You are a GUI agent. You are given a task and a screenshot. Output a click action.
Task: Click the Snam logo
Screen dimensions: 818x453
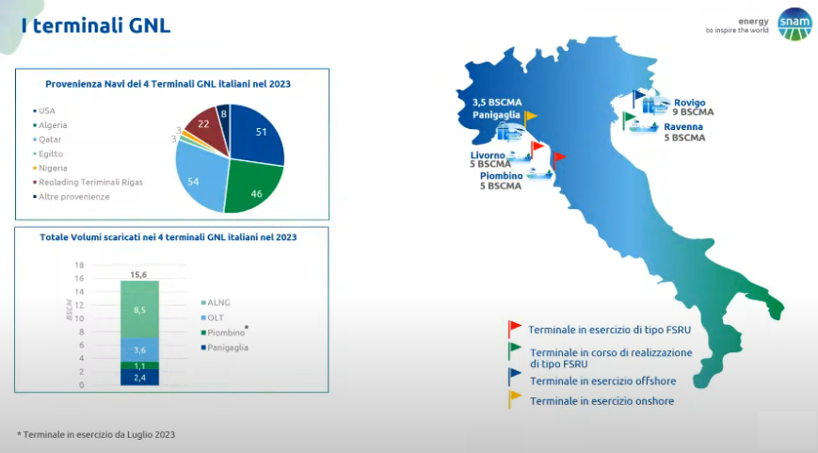click(794, 24)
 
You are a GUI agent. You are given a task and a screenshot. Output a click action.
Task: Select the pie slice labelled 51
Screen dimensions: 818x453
click(257, 134)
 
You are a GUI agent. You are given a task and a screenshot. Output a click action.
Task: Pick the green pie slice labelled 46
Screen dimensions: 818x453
click(253, 186)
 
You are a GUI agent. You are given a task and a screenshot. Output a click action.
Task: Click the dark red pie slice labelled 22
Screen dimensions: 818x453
click(206, 127)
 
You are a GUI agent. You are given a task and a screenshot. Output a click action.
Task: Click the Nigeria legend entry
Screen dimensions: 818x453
click(50, 168)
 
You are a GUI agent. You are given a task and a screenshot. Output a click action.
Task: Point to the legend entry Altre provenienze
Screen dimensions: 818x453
click(71, 197)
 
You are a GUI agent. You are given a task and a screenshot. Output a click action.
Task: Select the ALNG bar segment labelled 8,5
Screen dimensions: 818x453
click(140, 310)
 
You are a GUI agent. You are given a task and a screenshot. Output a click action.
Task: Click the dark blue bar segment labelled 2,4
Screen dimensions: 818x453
click(140, 378)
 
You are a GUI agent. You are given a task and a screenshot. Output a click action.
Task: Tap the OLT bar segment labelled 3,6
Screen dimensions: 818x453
click(140, 350)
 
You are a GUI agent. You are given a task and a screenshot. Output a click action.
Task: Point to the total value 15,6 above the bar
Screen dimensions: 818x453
click(138, 275)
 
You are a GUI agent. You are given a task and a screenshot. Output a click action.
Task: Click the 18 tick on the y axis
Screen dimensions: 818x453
click(79, 266)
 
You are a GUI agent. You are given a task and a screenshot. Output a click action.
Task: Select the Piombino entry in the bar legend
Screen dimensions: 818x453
click(223, 332)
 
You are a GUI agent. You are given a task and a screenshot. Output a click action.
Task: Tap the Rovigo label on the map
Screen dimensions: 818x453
click(689, 103)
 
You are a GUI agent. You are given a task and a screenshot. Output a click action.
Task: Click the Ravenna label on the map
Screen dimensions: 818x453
click(682, 127)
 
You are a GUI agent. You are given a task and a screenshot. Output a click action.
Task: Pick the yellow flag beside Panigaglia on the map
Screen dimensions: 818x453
click(530, 119)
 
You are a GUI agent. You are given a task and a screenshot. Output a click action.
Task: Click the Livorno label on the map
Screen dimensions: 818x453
click(488, 155)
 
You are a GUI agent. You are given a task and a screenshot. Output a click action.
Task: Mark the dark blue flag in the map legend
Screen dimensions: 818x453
click(514, 377)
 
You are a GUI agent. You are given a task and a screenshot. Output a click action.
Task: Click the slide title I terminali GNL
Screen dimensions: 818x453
click(96, 25)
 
